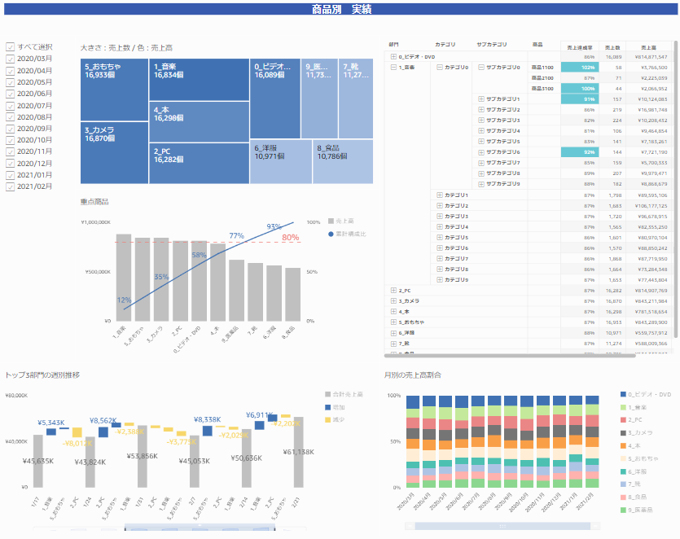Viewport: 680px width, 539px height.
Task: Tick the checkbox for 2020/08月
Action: click(x=11, y=117)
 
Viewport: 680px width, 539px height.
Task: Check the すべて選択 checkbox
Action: click(x=11, y=47)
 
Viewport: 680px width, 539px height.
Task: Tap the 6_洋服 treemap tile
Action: click(x=281, y=161)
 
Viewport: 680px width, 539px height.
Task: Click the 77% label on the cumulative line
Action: click(x=236, y=236)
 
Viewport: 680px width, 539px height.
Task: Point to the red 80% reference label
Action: click(x=291, y=238)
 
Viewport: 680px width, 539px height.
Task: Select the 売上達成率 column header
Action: click(x=579, y=48)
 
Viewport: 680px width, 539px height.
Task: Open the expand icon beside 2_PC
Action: click(x=394, y=291)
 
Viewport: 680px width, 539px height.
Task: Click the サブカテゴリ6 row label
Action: click(x=502, y=152)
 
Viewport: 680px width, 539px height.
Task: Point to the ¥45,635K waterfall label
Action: click(x=39, y=461)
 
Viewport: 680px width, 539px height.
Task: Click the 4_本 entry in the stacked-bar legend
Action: click(x=637, y=445)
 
